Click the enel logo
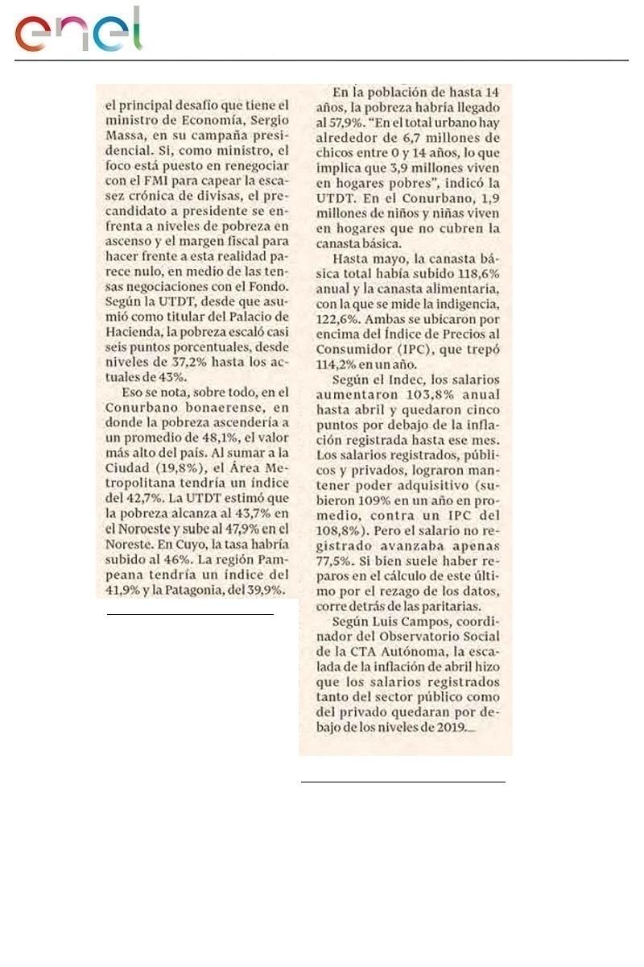(78, 31)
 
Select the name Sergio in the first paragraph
(266, 121)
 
